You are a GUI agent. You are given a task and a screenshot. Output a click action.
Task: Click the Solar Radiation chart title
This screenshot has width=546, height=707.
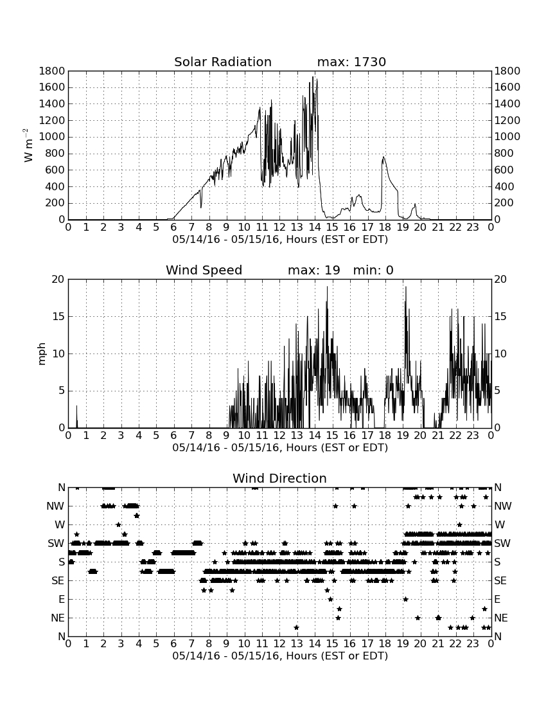coord(222,62)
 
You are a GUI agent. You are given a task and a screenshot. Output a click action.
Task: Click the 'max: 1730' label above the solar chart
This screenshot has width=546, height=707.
coord(351,62)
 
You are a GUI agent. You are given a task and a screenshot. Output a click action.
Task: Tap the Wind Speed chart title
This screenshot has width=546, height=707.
coord(204,270)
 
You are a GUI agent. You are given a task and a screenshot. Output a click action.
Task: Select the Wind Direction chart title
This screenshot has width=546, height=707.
coord(279,478)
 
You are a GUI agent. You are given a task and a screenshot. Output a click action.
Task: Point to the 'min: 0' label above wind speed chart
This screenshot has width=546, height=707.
coord(373,270)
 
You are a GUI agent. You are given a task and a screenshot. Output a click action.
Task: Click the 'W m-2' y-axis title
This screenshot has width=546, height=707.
coord(28,145)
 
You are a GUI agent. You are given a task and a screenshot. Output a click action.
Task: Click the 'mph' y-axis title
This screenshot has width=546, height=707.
coord(42,353)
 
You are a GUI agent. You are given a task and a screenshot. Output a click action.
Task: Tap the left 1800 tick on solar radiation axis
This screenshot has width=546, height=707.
coord(52,71)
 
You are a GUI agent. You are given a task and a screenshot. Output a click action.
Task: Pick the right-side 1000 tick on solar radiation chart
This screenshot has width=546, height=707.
coord(507,137)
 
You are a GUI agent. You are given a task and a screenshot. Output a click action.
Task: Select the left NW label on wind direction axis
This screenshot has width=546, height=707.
coord(55,506)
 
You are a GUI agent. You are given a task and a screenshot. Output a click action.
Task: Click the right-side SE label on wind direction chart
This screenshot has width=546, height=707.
coord(500,581)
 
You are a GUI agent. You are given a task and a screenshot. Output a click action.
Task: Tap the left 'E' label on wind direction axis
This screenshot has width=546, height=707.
coord(62,599)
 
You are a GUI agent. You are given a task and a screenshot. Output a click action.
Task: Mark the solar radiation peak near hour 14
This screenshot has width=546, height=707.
coord(313,77)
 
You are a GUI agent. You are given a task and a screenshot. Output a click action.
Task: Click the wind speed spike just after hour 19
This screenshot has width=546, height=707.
coord(405,287)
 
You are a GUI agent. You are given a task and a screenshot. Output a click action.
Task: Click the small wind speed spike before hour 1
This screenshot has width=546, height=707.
coord(76,407)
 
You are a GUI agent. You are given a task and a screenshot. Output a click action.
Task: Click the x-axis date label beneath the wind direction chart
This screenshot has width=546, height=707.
coord(280,656)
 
